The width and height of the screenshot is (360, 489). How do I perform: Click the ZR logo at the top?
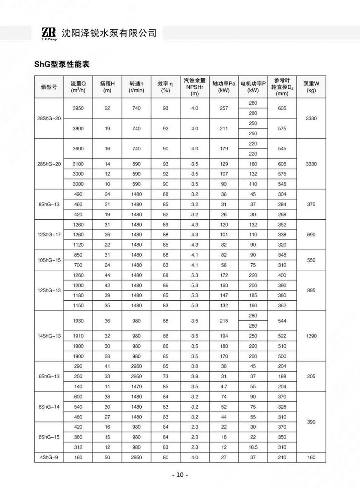click(48, 33)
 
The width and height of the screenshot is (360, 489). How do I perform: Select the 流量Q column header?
click(78, 87)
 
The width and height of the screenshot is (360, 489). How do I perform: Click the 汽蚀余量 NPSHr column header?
click(195, 87)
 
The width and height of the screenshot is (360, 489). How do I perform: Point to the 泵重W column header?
click(311, 87)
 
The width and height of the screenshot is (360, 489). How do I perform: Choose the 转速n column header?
click(136, 87)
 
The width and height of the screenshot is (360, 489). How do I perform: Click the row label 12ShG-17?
click(49, 235)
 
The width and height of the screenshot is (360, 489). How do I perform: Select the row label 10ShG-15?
click(49, 260)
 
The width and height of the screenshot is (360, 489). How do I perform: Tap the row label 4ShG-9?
click(49, 457)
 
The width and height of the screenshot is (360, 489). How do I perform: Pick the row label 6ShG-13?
click(49, 376)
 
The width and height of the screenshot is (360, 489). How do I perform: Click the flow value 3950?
click(78, 108)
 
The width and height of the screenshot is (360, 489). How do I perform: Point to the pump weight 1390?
click(311, 336)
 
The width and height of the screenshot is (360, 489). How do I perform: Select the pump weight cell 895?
click(311, 291)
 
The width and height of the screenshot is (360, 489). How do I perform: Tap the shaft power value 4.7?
click(224, 386)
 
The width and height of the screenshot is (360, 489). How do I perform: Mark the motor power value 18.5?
click(253, 447)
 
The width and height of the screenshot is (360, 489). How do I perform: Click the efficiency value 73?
click(165, 376)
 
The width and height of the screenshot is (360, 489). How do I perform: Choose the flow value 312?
click(78, 447)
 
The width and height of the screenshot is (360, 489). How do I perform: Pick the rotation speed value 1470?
click(136, 386)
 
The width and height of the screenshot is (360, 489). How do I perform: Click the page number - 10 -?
click(180, 475)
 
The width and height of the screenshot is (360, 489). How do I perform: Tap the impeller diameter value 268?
click(282, 214)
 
